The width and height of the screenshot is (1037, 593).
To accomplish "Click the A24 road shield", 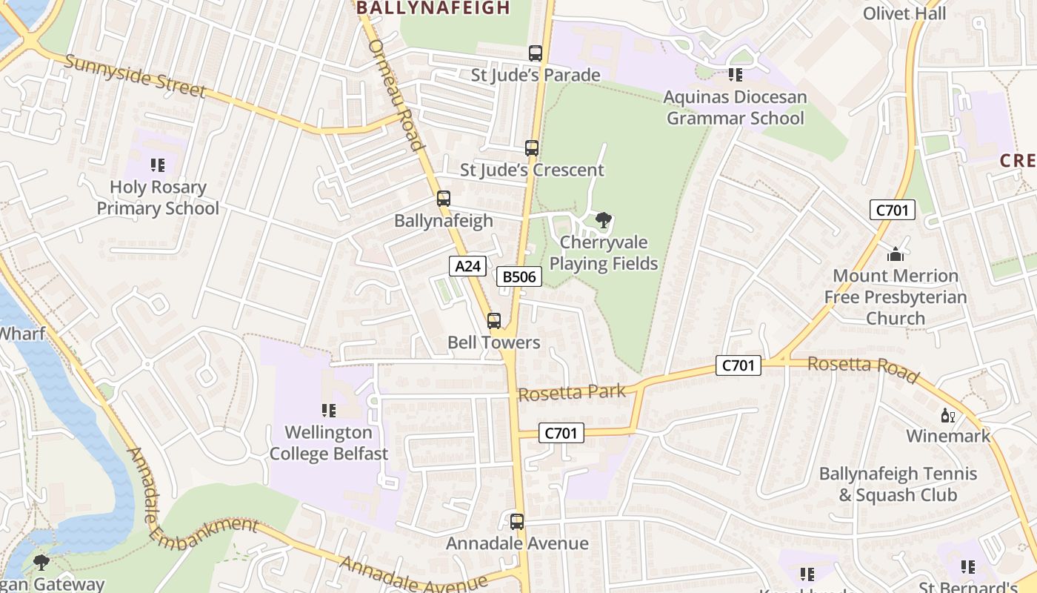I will tap(467, 266).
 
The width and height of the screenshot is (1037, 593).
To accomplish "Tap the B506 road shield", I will tap(518, 277).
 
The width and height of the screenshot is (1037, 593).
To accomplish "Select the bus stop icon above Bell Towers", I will tap(494, 321).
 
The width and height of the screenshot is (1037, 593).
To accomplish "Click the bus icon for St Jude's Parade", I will tap(536, 53).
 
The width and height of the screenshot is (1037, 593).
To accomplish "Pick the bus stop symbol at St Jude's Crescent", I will tap(532, 148).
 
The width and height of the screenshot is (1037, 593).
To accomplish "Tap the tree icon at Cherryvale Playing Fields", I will tap(604, 220).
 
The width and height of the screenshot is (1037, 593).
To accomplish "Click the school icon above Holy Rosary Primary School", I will tap(157, 165).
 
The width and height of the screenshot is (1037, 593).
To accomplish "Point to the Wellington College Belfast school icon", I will tap(328, 410).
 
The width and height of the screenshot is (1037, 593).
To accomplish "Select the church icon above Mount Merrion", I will tap(896, 254).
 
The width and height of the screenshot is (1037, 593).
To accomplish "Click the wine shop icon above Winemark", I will tap(946, 415).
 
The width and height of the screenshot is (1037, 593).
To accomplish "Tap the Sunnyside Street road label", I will tap(135, 76).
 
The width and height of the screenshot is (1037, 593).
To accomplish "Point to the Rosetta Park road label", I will tap(572, 392).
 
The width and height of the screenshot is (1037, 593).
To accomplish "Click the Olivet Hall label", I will tap(904, 14).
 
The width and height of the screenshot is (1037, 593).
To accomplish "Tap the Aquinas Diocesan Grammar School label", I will tap(735, 107).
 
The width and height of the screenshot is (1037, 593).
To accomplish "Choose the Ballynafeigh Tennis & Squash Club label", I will tap(898, 484).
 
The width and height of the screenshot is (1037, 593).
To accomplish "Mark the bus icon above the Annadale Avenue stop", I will tap(517, 522).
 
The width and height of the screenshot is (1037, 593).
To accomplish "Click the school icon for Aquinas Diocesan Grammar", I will tap(735, 74).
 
